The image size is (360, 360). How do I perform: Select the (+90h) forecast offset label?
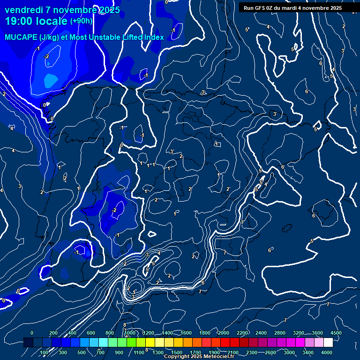pyautogui.click(x=81, y=21)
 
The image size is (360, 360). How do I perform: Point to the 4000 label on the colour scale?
pyautogui.click(x=327, y=352)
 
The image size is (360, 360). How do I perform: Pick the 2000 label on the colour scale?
pyautogui.click(x=224, y=333)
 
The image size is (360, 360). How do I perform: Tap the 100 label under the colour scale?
pyautogui.click(x=44, y=352)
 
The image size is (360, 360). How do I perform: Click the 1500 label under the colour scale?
pyautogui.click(x=177, y=352)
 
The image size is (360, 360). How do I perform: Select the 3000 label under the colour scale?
pyautogui.click(x=289, y=352)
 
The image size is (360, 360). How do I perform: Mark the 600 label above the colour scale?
pyautogui.click(x=91, y=333)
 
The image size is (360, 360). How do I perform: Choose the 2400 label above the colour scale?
pyautogui.click(x=261, y=333)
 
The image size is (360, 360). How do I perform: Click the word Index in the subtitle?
pyautogui.click(x=154, y=37)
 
